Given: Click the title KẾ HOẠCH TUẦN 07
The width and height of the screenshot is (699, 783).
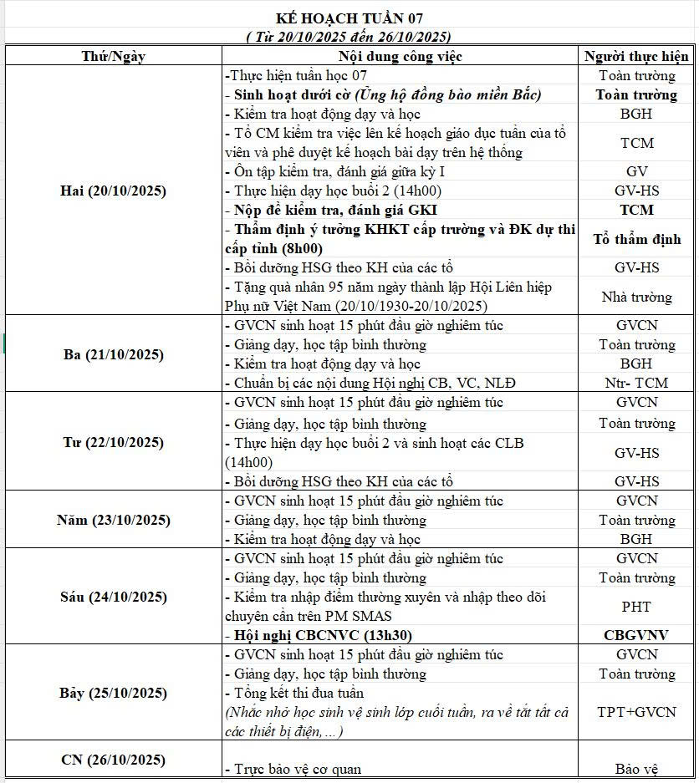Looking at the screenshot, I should click(349, 18).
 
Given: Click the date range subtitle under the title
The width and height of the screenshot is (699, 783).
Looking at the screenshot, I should click(349, 36).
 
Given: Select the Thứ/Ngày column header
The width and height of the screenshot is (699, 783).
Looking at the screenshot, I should click(114, 56).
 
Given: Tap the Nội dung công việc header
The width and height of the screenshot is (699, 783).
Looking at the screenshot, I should click(400, 56).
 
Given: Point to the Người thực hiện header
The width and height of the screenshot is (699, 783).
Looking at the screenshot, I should click(636, 56).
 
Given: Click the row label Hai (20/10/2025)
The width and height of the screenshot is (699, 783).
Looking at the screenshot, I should click(114, 191).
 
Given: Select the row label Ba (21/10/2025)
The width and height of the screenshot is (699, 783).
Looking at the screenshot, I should click(114, 354).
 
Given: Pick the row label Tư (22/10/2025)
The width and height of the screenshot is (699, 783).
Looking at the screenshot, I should click(114, 442).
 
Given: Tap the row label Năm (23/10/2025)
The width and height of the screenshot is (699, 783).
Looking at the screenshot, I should click(114, 520).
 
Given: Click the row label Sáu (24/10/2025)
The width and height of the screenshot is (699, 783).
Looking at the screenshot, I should click(114, 597).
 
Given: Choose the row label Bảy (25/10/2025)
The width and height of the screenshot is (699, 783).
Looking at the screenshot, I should click(114, 693).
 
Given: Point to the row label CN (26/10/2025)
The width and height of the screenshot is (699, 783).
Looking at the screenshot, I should click(114, 760).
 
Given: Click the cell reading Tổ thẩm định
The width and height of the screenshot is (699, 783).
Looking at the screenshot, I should click(636, 239).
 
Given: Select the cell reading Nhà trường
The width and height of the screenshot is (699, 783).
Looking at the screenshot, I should click(636, 297).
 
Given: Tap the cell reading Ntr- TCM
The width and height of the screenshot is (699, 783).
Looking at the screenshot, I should click(636, 384).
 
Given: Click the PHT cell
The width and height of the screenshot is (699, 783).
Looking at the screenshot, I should click(636, 607).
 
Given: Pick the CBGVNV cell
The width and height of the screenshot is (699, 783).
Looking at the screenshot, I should click(636, 635).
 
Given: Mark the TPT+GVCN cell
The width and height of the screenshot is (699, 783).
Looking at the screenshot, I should click(636, 712).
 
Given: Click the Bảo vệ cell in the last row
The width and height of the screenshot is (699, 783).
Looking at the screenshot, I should click(636, 769).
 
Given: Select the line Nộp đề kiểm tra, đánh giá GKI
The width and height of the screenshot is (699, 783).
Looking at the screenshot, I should click(334, 210).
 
